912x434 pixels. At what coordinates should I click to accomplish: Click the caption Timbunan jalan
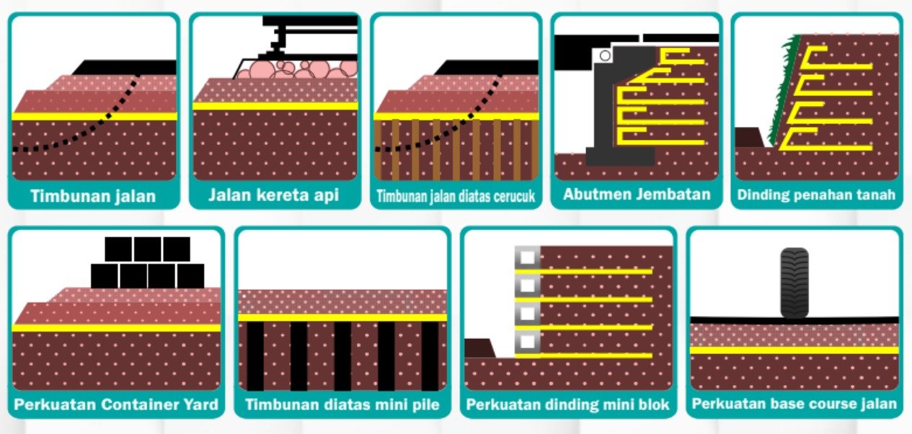(93, 196)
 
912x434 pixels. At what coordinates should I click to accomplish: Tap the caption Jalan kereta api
(274, 195)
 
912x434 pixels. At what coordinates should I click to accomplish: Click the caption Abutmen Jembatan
(637, 195)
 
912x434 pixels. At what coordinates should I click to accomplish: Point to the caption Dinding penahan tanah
(816, 195)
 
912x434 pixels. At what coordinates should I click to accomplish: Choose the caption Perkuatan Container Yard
(116, 404)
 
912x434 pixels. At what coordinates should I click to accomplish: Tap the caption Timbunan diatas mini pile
(342, 404)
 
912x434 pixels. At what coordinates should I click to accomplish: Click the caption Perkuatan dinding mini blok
(567, 404)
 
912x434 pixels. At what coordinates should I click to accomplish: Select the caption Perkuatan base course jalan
(794, 404)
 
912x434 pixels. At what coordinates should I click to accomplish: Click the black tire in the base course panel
(794, 283)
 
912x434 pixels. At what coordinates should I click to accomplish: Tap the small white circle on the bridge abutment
(605, 55)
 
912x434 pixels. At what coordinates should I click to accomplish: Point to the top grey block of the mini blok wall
(527, 257)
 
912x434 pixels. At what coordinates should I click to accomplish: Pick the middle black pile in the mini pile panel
(342, 355)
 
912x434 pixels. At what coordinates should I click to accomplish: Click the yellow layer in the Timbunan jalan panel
(94, 115)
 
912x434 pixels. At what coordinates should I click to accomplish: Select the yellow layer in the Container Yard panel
(116, 327)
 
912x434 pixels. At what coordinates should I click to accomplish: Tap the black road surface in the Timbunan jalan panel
(126, 67)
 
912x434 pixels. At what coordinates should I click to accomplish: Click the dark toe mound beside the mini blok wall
(478, 349)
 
